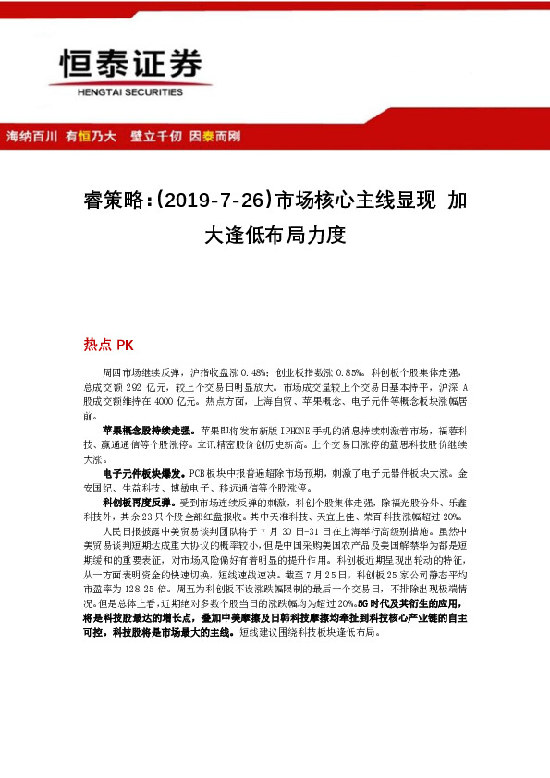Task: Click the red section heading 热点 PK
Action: click(109, 345)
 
